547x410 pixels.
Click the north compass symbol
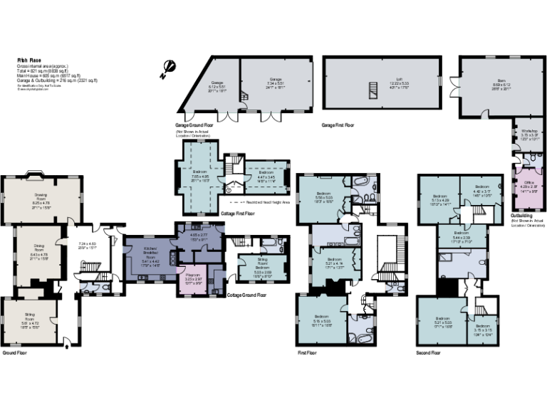(168, 67)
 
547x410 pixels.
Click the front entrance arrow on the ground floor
(67, 347)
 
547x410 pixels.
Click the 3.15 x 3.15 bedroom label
(484, 330)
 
